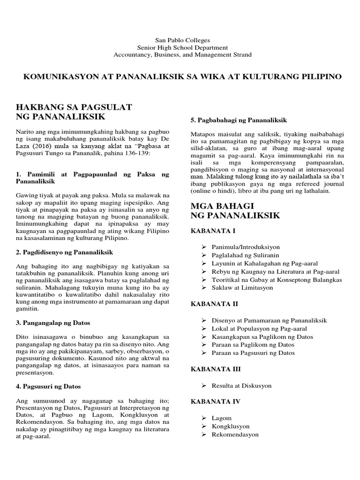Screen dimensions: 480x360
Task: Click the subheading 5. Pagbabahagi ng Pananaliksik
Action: coord(239,120)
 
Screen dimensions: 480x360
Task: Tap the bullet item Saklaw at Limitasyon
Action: coord(242,288)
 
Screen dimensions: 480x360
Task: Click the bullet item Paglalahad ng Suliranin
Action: coord(245,255)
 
